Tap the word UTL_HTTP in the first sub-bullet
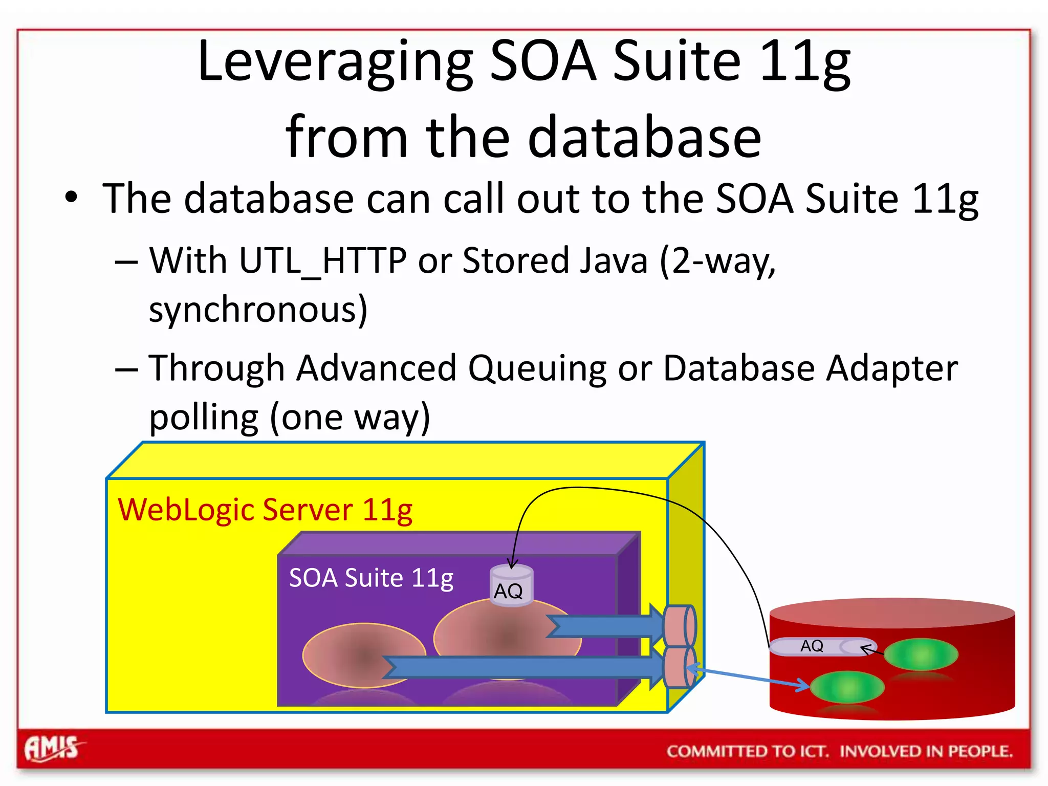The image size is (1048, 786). (x=322, y=261)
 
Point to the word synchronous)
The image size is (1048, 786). (x=258, y=310)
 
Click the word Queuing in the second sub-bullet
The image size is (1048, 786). (x=537, y=368)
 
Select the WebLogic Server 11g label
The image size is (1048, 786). (x=265, y=510)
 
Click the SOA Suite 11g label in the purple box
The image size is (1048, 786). (x=371, y=578)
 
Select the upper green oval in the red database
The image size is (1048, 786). (x=921, y=654)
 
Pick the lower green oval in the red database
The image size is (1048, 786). (x=847, y=687)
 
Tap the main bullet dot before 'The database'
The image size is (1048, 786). (x=71, y=198)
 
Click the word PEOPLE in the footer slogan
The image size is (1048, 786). (x=979, y=751)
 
